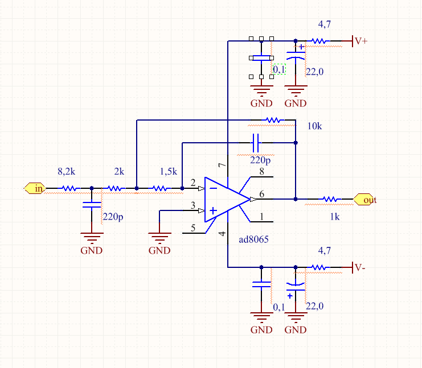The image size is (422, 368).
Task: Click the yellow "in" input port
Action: pyautogui.click(x=35, y=188)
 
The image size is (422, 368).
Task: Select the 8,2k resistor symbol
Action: pyautogui.click(x=69, y=188)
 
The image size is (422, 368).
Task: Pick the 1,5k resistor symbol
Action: pyautogui.click(x=160, y=188)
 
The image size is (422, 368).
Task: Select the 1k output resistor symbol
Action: pyautogui.click(x=330, y=199)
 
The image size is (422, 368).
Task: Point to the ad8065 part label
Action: pyautogui.click(x=253, y=239)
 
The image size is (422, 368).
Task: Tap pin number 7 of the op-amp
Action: pyautogui.click(x=222, y=165)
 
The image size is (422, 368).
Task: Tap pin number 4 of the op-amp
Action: pyautogui.click(x=222, y=233)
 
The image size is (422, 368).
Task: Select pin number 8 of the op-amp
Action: pyautogui.click(x=261, y=172)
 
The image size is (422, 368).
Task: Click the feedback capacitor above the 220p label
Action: pyautogui.click(x=256, y=142)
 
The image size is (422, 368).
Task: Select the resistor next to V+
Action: pyautogui.click(x=319, y=41)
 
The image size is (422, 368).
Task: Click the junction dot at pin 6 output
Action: pyautogui.click(x=296, y=199)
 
